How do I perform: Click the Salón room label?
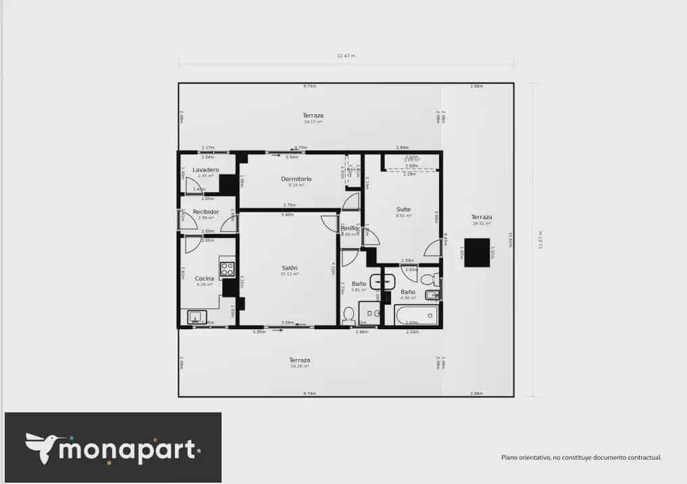tap(289, 268)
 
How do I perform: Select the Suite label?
tap(403, 210)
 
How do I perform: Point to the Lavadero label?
tap(205, 170)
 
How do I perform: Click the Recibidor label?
tap(205, 212)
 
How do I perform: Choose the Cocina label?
tap(205, 279)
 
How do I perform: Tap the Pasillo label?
tap(349, 228)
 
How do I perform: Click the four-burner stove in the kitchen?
tap(227, 269)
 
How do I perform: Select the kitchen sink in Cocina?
tap(197, 316)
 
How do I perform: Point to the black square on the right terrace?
tap(477, 252)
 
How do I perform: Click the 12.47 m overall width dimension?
tap(346, 56)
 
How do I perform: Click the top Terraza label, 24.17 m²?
tap(312, 116)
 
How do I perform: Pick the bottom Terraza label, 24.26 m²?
tap(299, 360)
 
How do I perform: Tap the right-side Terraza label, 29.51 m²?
tap(482, 217)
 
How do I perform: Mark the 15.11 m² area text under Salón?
tap(290, 274)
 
